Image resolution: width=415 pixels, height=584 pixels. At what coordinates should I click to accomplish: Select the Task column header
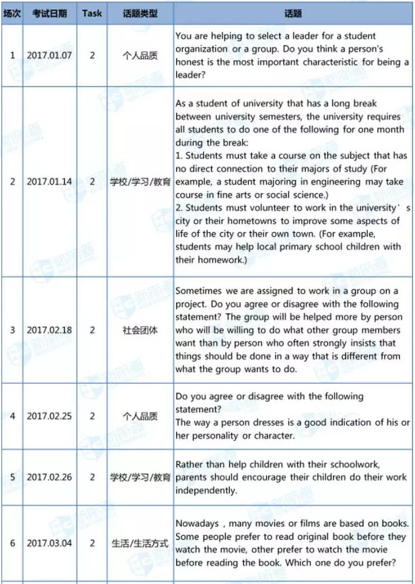point(92,13)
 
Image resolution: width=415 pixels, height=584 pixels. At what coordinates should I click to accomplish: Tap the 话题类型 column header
point(140,13)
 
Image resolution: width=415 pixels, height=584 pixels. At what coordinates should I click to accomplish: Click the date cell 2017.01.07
point(49,56)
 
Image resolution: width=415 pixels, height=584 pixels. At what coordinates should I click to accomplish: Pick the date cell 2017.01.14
point(49,181)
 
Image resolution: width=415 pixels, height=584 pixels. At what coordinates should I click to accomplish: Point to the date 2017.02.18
point(49,329)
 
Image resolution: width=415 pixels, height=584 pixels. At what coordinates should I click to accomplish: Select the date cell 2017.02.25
point(49,416)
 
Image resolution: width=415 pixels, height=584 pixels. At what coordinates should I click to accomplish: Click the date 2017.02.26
point(49,477)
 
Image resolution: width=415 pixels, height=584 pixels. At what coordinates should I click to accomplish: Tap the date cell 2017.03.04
point(49,543)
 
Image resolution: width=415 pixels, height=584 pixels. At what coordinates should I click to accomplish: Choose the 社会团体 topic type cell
point(140,329)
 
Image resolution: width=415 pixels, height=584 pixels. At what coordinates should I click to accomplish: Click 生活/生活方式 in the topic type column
point(140,543)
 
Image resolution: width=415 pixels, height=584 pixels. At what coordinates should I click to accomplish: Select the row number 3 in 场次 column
point(12,329)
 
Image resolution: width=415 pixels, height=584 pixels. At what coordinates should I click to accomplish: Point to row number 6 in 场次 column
point(12,543)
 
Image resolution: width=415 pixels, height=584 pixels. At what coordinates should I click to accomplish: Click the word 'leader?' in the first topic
point(191,75)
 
